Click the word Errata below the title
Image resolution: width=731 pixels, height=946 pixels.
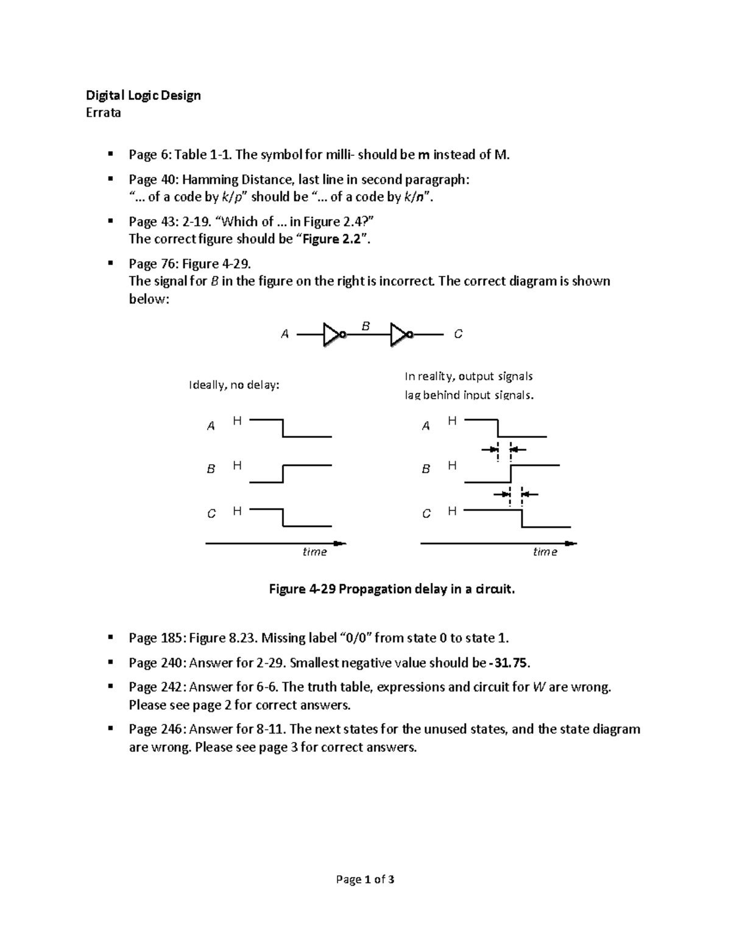103,113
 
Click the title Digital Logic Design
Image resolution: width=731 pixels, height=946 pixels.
143,95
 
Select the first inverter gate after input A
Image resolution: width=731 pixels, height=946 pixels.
334,334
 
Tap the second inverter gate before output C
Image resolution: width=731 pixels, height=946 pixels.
401,334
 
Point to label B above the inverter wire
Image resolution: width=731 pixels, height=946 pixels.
365,327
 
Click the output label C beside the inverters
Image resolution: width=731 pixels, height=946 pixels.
458,334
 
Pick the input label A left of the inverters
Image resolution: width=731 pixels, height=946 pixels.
284,334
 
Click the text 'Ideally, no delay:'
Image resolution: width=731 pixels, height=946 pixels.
235,386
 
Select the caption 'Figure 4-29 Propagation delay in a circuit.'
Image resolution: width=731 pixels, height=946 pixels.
392,589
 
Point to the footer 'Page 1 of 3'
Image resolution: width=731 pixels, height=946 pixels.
365,880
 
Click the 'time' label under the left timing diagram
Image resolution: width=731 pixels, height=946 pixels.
315,552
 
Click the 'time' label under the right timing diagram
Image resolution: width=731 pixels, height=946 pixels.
545,552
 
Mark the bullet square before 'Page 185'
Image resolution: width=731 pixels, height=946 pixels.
110,637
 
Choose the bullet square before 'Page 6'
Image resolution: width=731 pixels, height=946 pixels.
110,154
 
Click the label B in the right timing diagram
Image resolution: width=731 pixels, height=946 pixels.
426,469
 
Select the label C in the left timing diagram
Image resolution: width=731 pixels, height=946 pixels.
211,514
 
